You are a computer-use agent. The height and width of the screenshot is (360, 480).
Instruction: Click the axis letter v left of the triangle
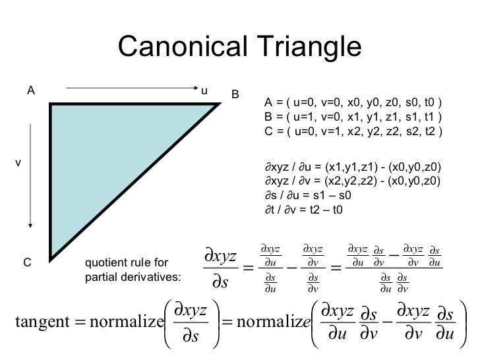click(18, 162)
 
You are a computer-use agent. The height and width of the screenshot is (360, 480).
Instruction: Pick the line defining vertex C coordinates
click(353, 131)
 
